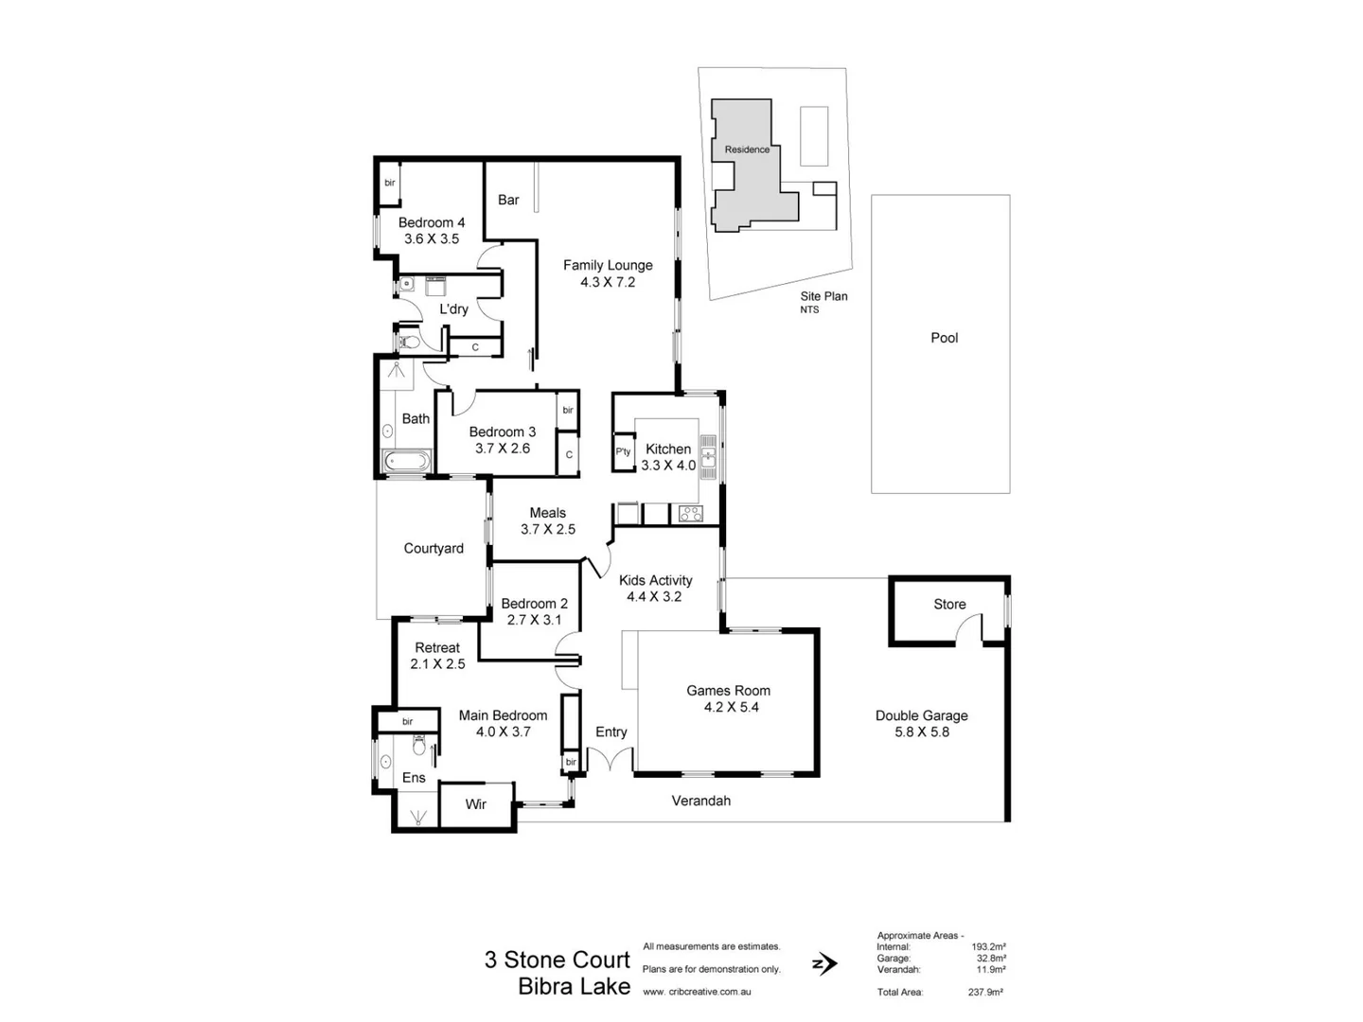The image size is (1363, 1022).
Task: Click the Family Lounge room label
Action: coord(608,266)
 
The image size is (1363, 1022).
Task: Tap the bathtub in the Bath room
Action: coord(406,463)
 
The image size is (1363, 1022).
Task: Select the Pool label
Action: coord(944,338)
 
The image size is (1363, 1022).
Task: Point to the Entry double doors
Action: coord(611,760)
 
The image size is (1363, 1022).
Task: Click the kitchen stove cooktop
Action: coord(690,514)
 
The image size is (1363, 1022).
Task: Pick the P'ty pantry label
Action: coord(623,452)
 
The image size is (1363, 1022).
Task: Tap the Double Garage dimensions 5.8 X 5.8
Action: coord(921,732)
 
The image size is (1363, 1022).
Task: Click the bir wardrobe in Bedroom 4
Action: coord(389,184)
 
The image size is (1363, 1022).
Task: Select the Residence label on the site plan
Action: coord(747,150)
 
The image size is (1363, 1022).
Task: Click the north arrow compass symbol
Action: coord(823,964)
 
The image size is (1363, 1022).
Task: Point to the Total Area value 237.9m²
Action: coord(986,992)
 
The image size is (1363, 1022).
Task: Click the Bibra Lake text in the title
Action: coord(574,987)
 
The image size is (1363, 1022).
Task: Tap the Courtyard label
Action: coord(434,549)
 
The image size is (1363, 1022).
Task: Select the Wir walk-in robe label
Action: coord(476,804)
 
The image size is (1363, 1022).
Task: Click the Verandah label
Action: coord(700,801)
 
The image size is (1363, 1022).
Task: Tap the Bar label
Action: coord(508,200)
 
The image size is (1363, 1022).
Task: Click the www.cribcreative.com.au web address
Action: coord(697,992)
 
